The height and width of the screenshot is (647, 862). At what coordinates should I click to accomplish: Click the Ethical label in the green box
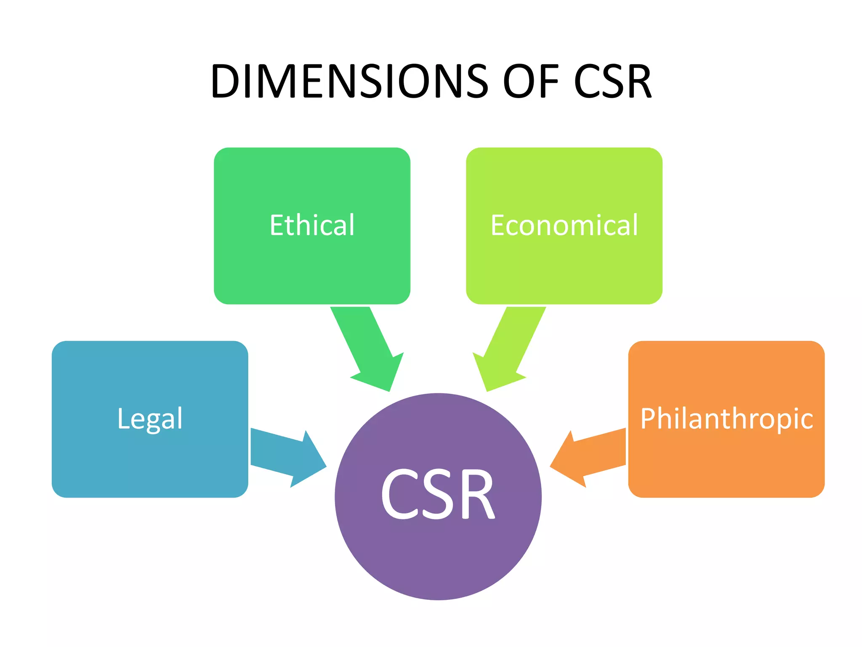click(312, 225)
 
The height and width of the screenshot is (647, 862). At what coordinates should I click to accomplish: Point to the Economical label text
click(564, 225)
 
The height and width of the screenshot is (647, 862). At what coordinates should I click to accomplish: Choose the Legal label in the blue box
click(150, 419)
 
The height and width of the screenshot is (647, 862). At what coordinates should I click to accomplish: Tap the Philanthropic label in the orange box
click(726, 419)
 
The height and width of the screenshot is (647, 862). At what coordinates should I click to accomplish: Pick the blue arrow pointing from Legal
click(286, 457)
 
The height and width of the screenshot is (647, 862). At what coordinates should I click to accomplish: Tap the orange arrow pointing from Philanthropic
click(589, 457)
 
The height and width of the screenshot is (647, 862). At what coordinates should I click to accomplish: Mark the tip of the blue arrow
click(325, 466)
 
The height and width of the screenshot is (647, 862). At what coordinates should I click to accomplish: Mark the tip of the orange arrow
click(551, 466)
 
